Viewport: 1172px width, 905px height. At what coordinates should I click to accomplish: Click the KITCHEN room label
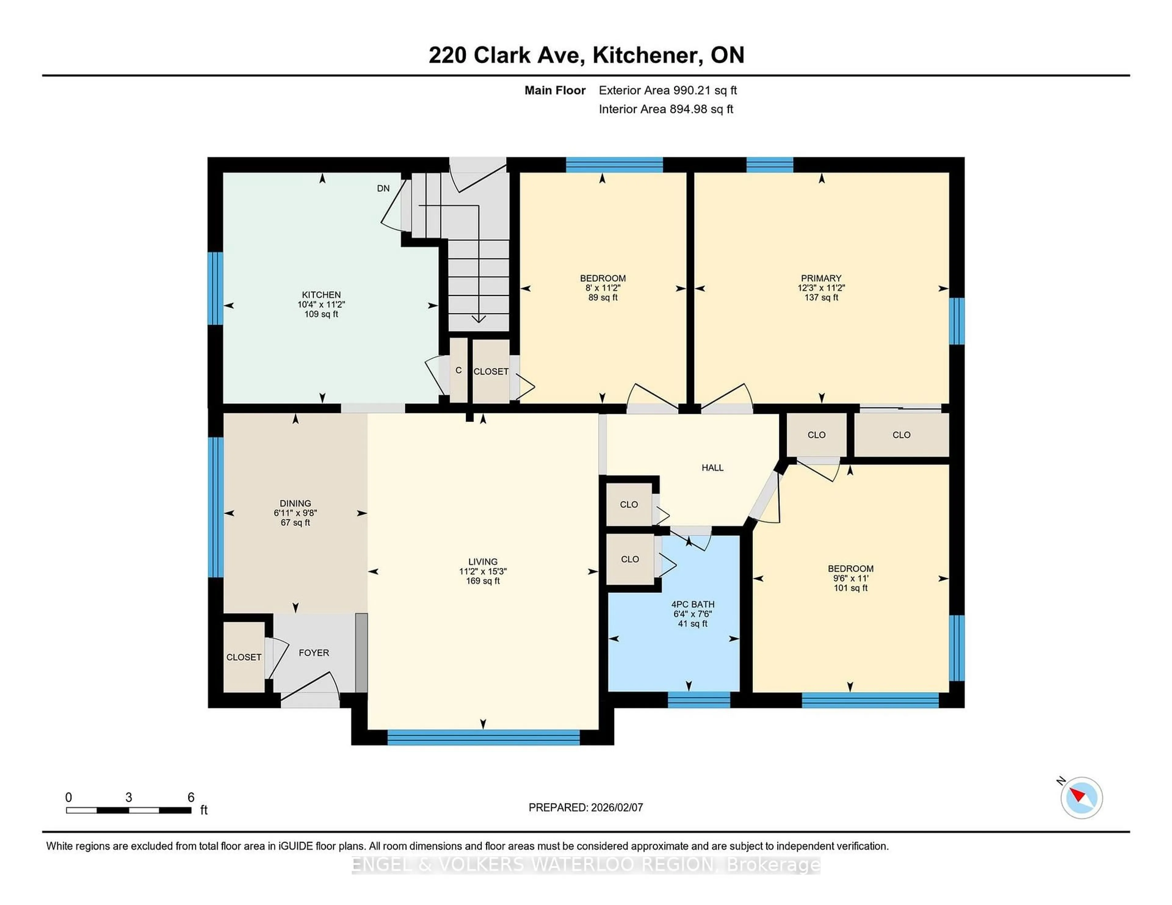(x=321, y=294)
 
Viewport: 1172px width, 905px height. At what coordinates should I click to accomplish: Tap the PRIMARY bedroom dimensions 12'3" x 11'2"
(x=821, y=287)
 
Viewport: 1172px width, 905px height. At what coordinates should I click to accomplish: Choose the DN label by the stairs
(x=383, y=188)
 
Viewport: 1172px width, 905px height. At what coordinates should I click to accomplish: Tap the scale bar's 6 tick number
(x=190, y=797)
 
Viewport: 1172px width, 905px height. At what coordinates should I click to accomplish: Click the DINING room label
(x=295, y=503)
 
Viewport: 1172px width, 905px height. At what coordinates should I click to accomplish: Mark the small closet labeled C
(x=458, y=370)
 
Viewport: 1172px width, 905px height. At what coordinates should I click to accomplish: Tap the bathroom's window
(x=699, y=700)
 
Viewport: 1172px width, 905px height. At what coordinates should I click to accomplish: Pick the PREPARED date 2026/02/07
(x=616, y=807)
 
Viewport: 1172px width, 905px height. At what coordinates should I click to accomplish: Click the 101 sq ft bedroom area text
(x=850, y=588)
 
